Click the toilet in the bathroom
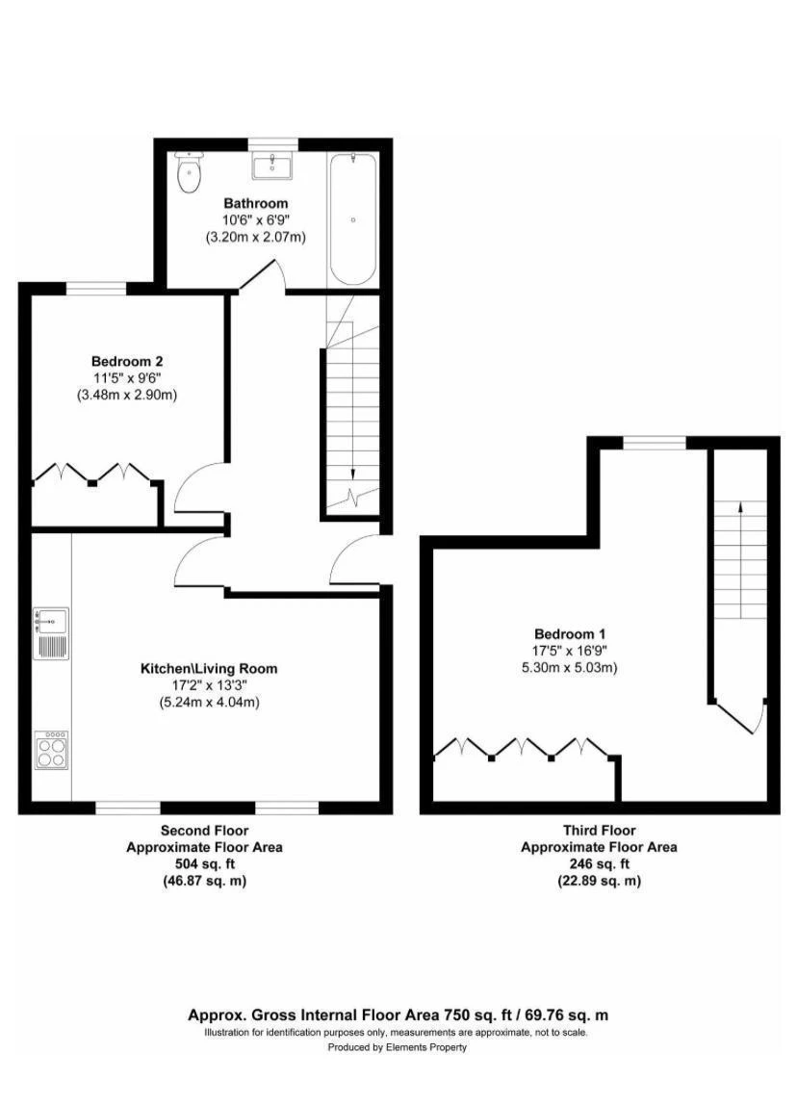pos(189,171)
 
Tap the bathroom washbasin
pos(272,167)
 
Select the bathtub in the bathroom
pos(352,218)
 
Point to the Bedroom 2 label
pos(127,361)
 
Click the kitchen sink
pos(51,633)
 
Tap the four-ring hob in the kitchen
pos(51,750)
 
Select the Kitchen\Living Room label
pos(209,668)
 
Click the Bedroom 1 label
pos(570,633)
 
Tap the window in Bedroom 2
pos(96,287)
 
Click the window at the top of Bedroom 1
pos(655,442)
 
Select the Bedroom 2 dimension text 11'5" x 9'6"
pos(127,378)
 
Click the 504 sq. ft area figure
pos(204,864)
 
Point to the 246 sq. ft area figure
pos(599,864)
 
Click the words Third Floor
pos(599,830)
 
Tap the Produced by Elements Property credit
pos(398,1047)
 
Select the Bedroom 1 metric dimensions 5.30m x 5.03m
pos(570,667)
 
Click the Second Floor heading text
pos(204,830)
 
